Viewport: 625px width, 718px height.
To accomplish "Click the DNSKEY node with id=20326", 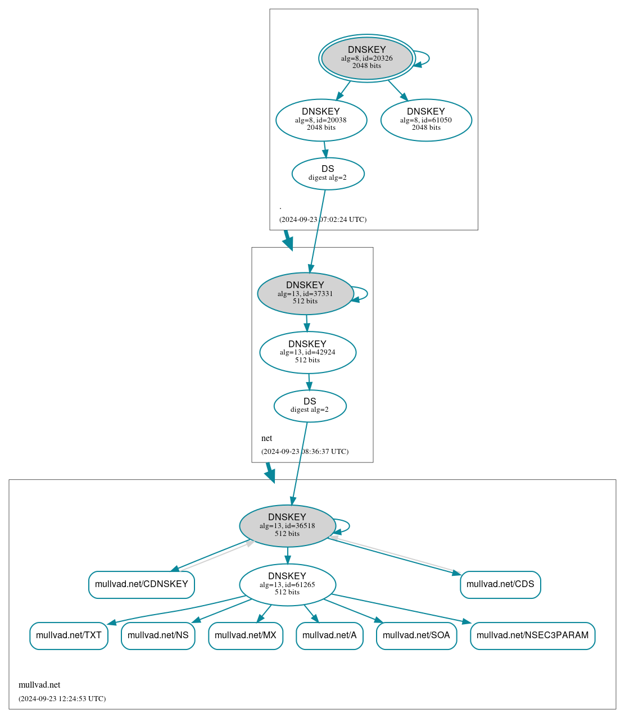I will tap(366, 58).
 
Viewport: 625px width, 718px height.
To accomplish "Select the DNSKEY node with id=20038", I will tap(321, 120).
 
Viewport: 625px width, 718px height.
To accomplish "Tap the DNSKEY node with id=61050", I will tap(426, 120).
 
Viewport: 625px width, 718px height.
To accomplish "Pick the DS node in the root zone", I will tap(328, 173).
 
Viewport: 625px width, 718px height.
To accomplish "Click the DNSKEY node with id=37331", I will tap(305, 293).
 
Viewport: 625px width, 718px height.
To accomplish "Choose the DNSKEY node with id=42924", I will tap(307, 352).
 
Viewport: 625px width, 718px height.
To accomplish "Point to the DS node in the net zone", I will tap(310, 406).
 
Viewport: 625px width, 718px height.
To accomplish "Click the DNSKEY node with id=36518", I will tap(287, 525).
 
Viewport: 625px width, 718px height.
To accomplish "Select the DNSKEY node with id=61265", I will tap(287, 584).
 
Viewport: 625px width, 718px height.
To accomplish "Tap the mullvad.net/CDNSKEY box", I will tap(141, 584).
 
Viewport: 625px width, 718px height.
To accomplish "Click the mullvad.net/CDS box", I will tap(500, 584).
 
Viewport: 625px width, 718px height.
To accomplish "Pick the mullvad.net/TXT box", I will tap(69, 635).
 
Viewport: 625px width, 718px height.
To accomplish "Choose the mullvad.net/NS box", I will tap(158, 635).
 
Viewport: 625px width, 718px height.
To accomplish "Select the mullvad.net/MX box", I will tap(246, 635).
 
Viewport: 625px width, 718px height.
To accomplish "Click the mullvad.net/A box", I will tap(329, 635).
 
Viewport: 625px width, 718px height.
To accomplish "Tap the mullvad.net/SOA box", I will tap(416, 635).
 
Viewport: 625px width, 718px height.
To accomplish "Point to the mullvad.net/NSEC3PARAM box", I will tap(532, 635).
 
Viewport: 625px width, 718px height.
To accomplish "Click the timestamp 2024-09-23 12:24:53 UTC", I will tap(62, 699).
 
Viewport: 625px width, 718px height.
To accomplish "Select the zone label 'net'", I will tap(266, 438).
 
